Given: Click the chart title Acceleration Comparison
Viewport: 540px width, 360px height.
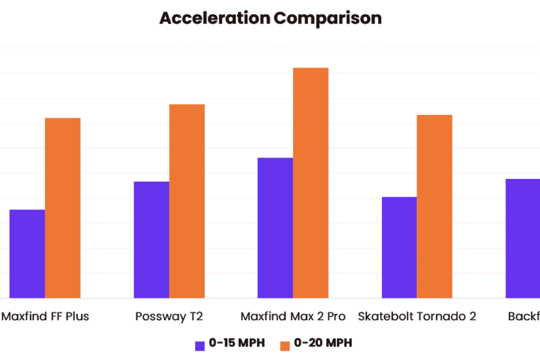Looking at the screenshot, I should point(270,18).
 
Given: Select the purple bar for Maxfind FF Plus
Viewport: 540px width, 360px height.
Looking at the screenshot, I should point(27,253).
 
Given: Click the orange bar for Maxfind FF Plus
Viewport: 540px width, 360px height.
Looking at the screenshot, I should point(63,208).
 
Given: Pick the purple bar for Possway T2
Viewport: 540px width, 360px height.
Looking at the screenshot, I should point(151,240).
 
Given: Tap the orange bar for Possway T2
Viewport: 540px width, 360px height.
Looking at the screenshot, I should point(187,201).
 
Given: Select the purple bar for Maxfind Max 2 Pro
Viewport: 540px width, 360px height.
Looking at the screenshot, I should point(275,228).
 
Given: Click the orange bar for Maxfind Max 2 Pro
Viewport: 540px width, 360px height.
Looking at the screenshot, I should point(310,182).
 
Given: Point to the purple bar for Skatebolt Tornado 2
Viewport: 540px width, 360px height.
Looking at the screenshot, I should point(399,247).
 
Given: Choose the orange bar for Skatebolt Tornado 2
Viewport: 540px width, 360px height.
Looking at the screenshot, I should point(435,206).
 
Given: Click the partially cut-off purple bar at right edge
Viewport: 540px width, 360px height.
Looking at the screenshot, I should point(523,238).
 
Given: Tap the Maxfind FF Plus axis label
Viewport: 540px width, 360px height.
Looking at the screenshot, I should point(45,316).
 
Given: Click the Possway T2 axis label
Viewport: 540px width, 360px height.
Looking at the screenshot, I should point(169,316).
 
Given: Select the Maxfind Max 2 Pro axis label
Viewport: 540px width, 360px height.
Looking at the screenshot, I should point(293,316).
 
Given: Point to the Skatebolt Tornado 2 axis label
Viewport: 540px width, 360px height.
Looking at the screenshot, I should point(416,316).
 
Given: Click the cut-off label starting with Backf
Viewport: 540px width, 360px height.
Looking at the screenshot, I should point(524,316).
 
